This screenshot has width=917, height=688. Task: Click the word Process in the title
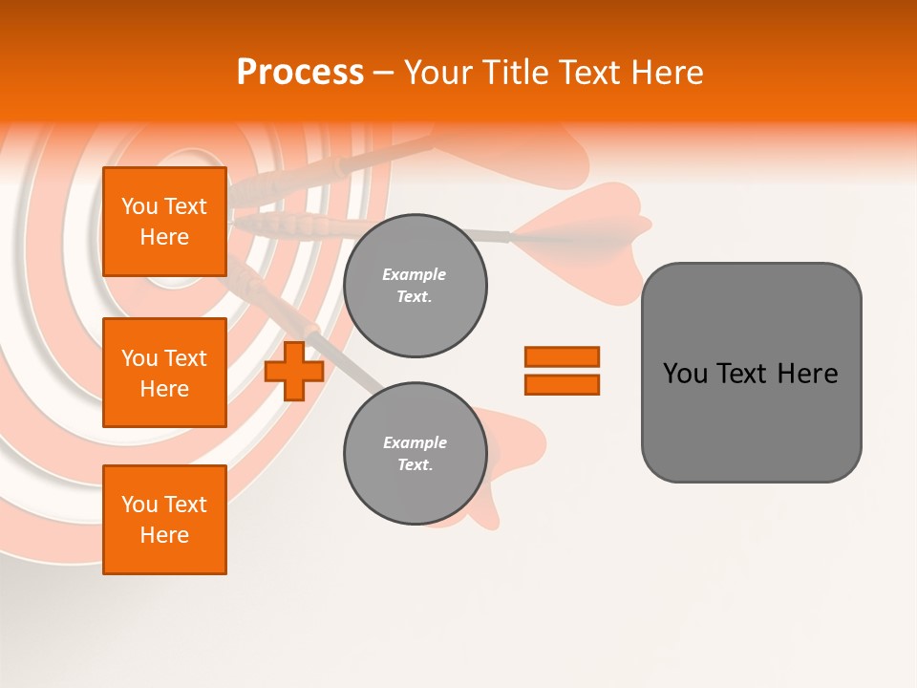point(300,72)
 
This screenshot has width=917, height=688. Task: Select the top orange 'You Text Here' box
point(164,222)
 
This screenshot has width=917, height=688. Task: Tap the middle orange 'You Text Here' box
point(164,373)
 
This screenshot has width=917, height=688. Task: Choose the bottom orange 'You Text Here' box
point(164,519)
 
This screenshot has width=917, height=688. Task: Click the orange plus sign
point(294,371)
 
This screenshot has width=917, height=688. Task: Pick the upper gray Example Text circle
point(415,286)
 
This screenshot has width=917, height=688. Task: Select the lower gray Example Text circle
point(415,454)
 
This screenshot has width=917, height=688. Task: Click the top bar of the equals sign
point(562,356)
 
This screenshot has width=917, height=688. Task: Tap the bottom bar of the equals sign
point(562,384)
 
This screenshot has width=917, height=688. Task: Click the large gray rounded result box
point(751,420)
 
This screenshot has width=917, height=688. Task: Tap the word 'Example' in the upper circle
point(414,274)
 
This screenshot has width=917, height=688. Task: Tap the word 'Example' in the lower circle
point(415,442)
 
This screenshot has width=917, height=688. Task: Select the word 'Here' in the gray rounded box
point(807,374)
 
